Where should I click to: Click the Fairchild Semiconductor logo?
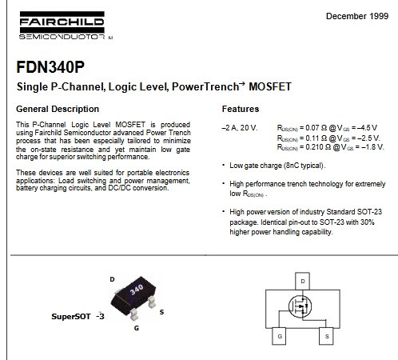point(66,26)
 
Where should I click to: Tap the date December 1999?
point(357,16)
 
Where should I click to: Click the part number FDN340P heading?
point(50,67)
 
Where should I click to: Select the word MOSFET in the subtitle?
point(270,86)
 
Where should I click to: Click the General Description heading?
point(58,109)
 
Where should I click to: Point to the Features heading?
point(241,109)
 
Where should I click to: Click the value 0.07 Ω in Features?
point(316,128)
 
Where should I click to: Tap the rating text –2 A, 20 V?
point(240,128)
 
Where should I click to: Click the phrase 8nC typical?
point(304,166)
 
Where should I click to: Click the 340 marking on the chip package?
point(137,290)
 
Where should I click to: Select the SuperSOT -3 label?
point(78,316)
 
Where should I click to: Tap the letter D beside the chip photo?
point(112,279)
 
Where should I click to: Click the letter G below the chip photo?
point(137,328)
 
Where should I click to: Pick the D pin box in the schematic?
point(302,281)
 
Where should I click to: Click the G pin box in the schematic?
point(279,336)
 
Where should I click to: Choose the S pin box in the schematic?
point(326,336)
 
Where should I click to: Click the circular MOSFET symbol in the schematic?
point(300,306)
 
